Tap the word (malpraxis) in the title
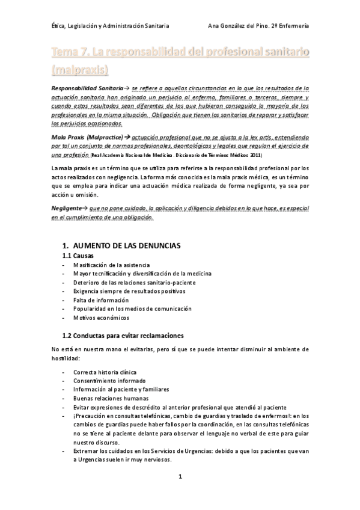click(80, 69)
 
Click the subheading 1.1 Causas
click(78, 256)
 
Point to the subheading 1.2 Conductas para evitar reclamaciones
click(123, 335)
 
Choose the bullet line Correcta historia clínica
click(105, 372)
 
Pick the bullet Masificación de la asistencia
click(111, 265)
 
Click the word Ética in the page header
click(58, 26)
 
